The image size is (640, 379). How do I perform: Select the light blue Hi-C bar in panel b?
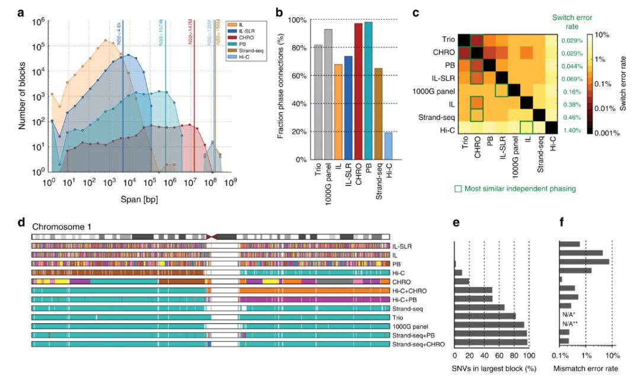[x=388, y=146]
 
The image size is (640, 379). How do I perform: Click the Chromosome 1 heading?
[x=61, y=226]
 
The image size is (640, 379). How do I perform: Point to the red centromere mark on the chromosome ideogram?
[x=212, y=237]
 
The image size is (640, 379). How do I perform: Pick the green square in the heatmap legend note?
[x=458, y=189]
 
